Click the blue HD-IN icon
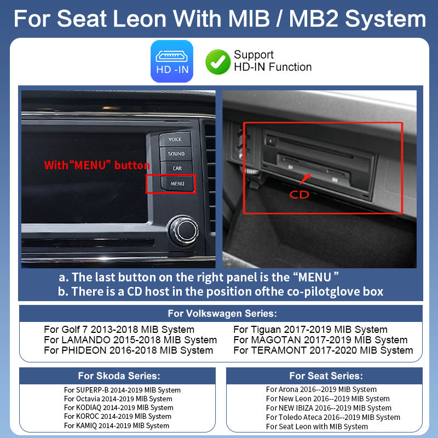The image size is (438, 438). (171, 62)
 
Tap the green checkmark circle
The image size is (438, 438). (217, 62)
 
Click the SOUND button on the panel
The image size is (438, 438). (176, 154)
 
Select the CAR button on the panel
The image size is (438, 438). (176, 169)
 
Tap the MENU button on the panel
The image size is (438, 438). (177, 183)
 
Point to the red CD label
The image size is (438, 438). (299, 194)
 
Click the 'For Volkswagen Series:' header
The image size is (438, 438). (222, 314)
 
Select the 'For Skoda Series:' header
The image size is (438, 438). (119, 376)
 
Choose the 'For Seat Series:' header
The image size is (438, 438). (326, 376)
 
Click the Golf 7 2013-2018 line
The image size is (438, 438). (119, 330)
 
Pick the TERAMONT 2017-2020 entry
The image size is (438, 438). (323, 350)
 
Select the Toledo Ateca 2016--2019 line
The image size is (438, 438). (333, 417)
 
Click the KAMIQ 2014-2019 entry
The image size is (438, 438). (116, 425)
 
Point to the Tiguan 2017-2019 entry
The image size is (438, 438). (310, 330)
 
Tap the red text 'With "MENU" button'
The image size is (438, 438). (96, 165)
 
